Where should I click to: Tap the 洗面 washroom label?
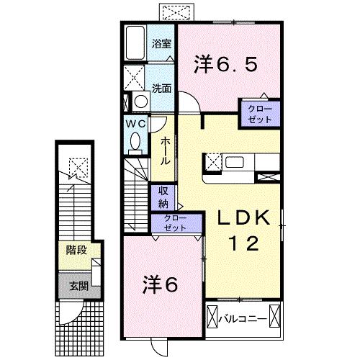point(161,89)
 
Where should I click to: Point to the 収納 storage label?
point(163,195)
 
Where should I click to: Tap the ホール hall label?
point(165,151)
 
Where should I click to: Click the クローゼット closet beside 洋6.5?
point(260,114)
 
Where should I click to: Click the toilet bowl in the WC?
point(135,143)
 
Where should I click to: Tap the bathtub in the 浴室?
point(135,43)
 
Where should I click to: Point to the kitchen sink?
point(235,162)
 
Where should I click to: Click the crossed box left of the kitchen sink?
point(213,161)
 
